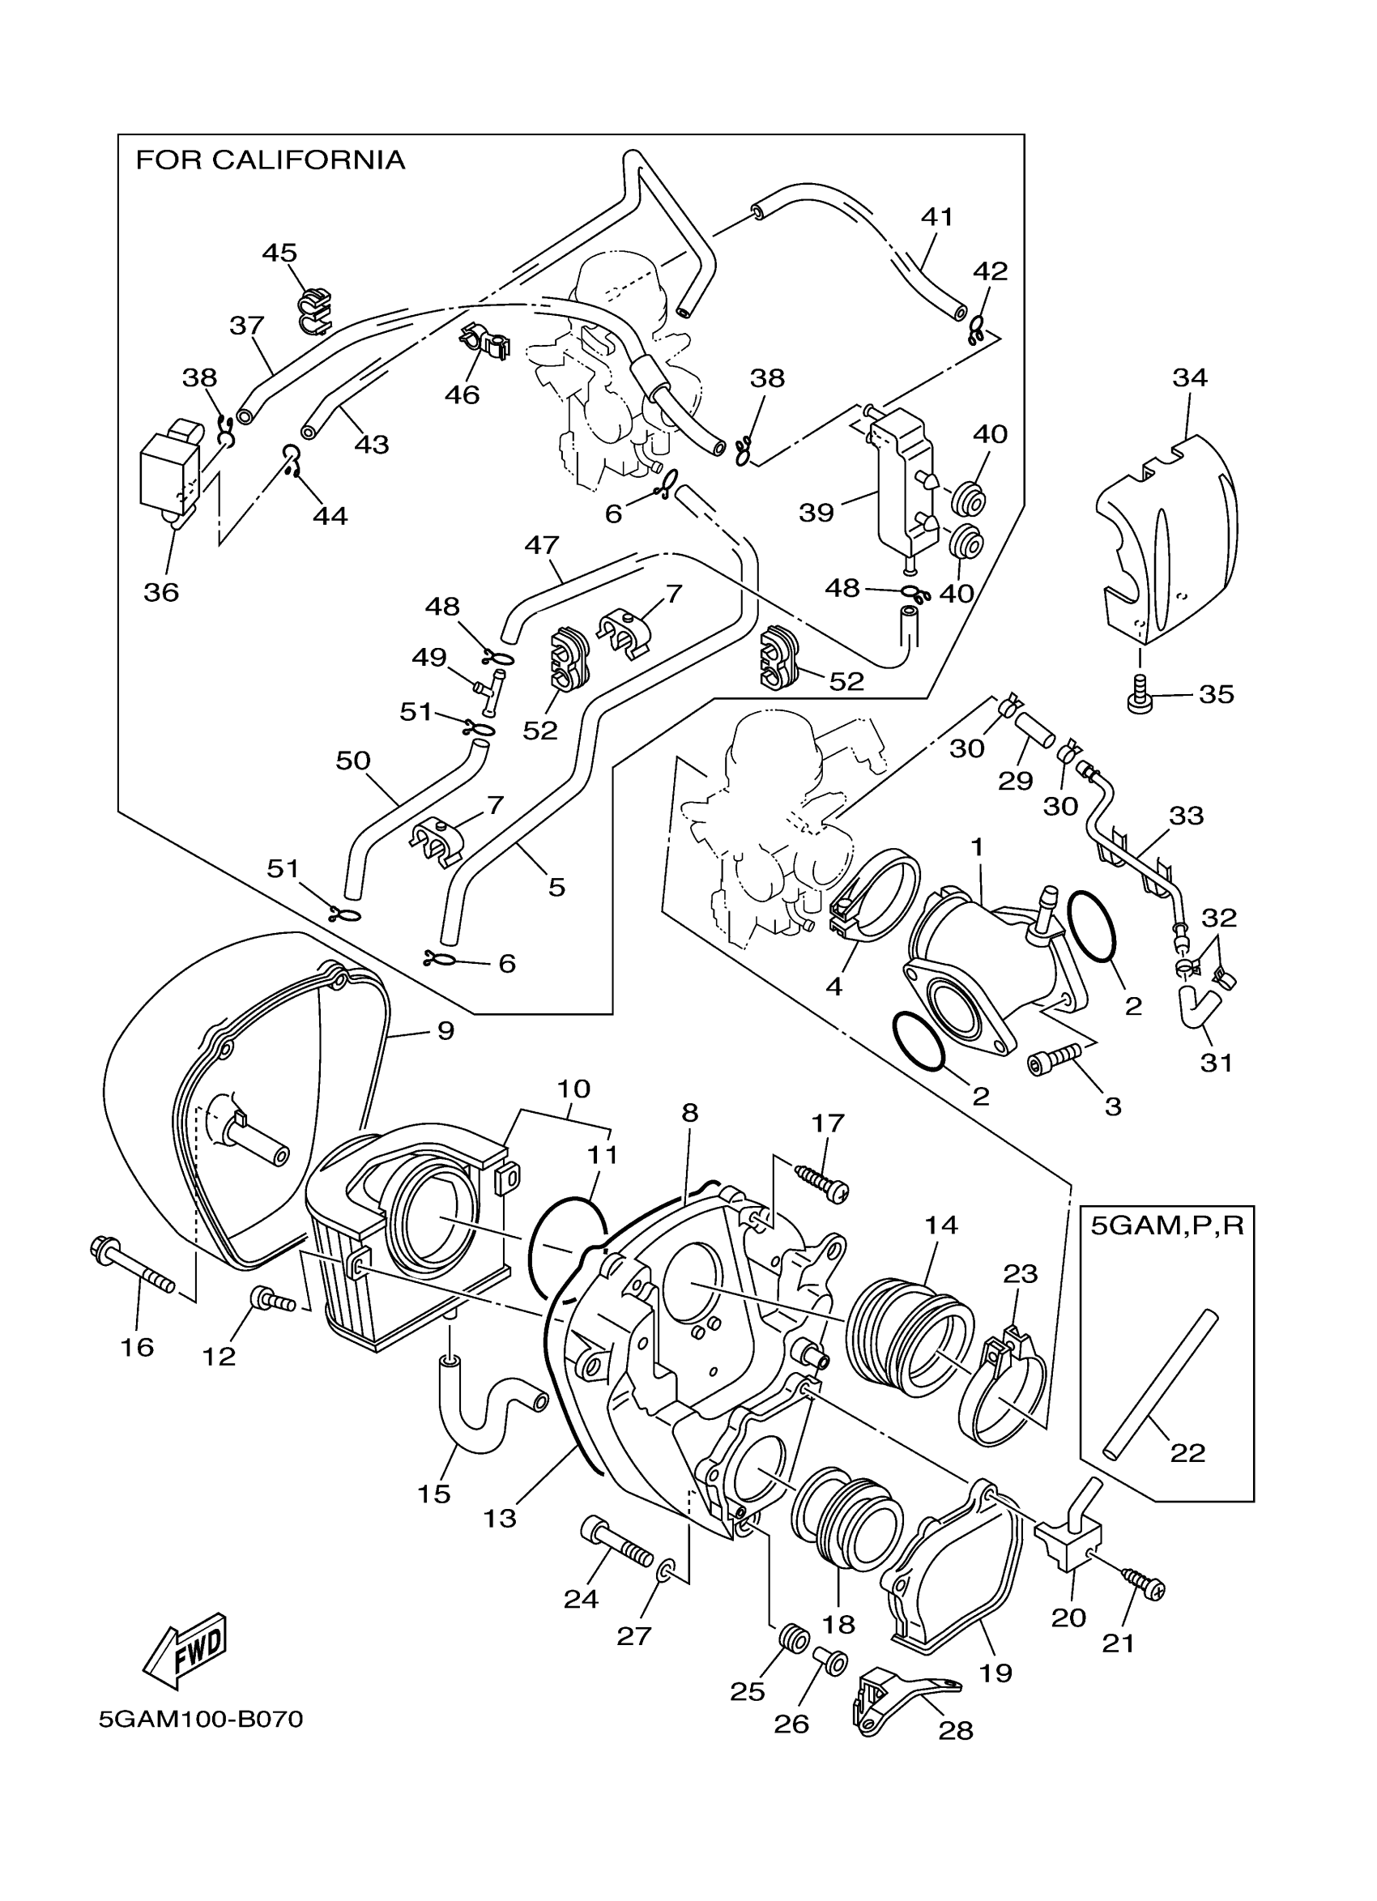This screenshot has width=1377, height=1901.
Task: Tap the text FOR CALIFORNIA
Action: coord(270,160)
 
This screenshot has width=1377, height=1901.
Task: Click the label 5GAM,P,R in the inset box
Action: coord(1166,1226)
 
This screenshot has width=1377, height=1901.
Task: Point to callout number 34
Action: coord(1189,378)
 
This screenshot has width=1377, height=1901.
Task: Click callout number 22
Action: coord(1187,1452)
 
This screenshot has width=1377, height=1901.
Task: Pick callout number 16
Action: coord(138,1347)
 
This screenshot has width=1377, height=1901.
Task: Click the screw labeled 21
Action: coord(1144,1582)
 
